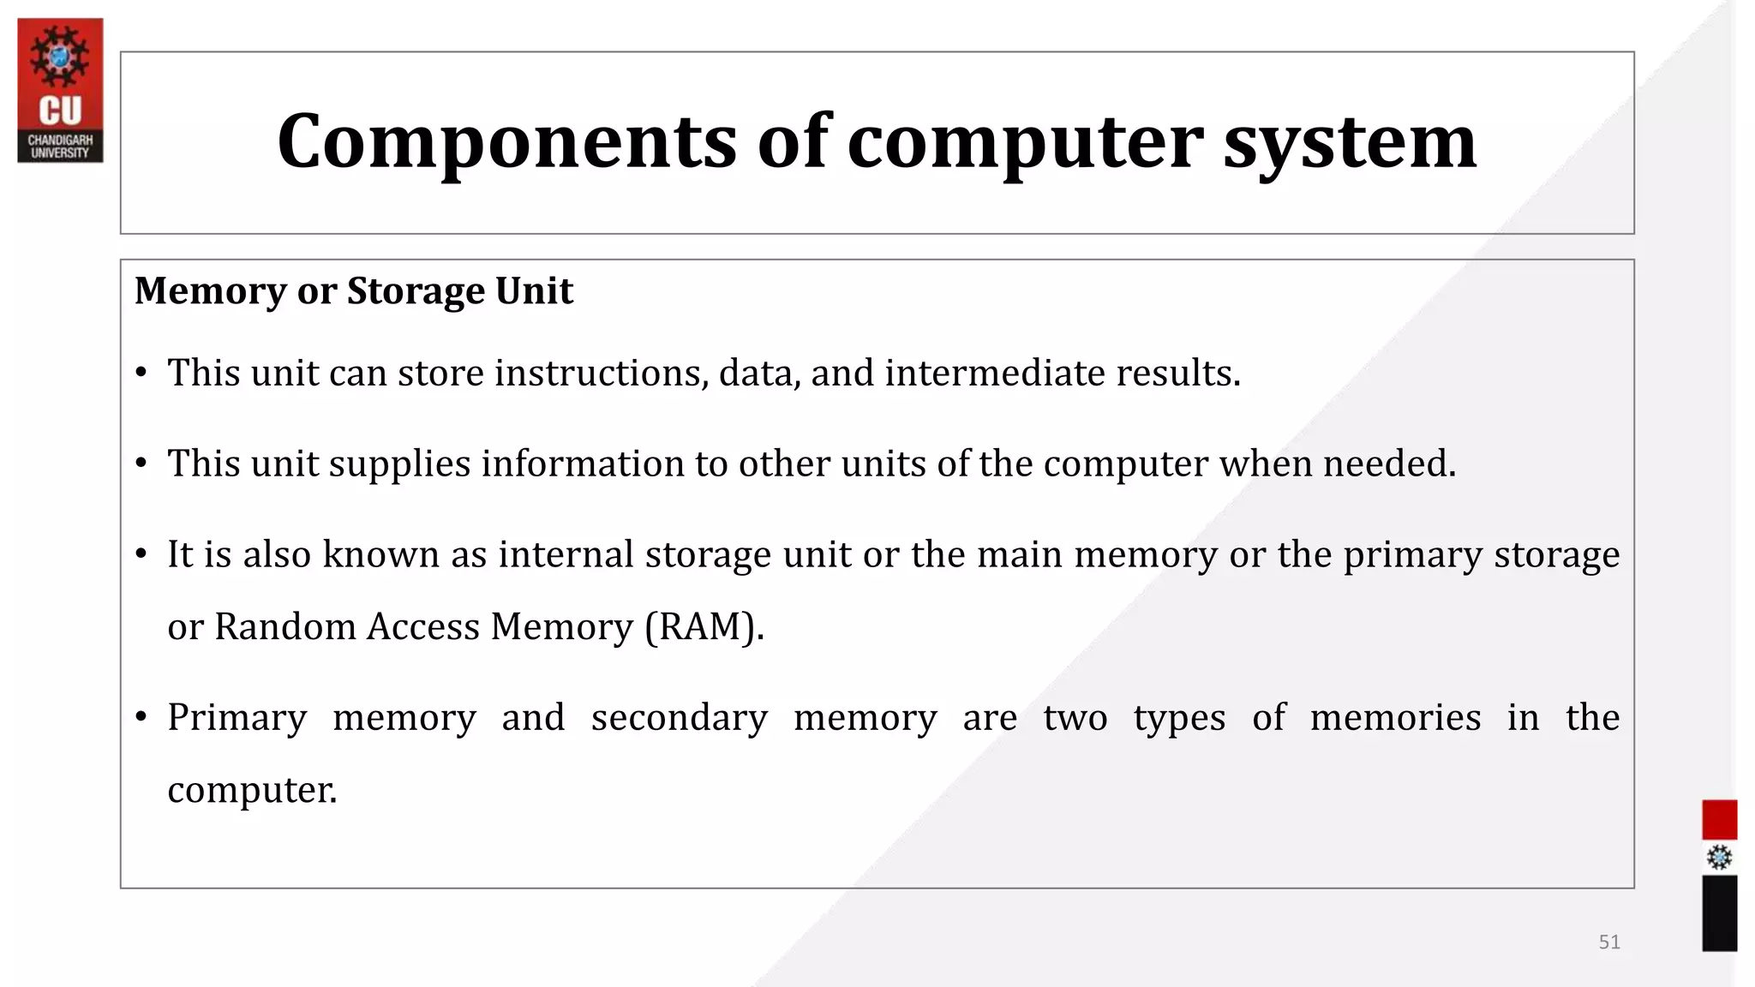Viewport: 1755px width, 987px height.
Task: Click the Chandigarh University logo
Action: point(60,90)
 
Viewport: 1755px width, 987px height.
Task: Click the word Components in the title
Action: point(506,141)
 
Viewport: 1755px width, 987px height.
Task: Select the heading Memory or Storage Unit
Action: point(353,291)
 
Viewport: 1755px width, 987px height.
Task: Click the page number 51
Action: point(1609,942)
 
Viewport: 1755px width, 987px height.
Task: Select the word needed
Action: point(1389,464)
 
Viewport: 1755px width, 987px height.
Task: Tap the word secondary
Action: point(679,718)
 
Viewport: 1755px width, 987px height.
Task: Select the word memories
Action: point(1395,717)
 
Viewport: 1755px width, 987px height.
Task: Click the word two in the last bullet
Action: point(1075,718)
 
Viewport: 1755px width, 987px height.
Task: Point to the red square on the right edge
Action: point(1719,820)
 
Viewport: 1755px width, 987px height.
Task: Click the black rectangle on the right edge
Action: point(1719,912)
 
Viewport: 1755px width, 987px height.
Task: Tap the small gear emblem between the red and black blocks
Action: point(1719,858)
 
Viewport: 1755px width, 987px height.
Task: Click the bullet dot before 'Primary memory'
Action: point(141,716)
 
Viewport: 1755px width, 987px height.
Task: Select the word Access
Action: point(423,627)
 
